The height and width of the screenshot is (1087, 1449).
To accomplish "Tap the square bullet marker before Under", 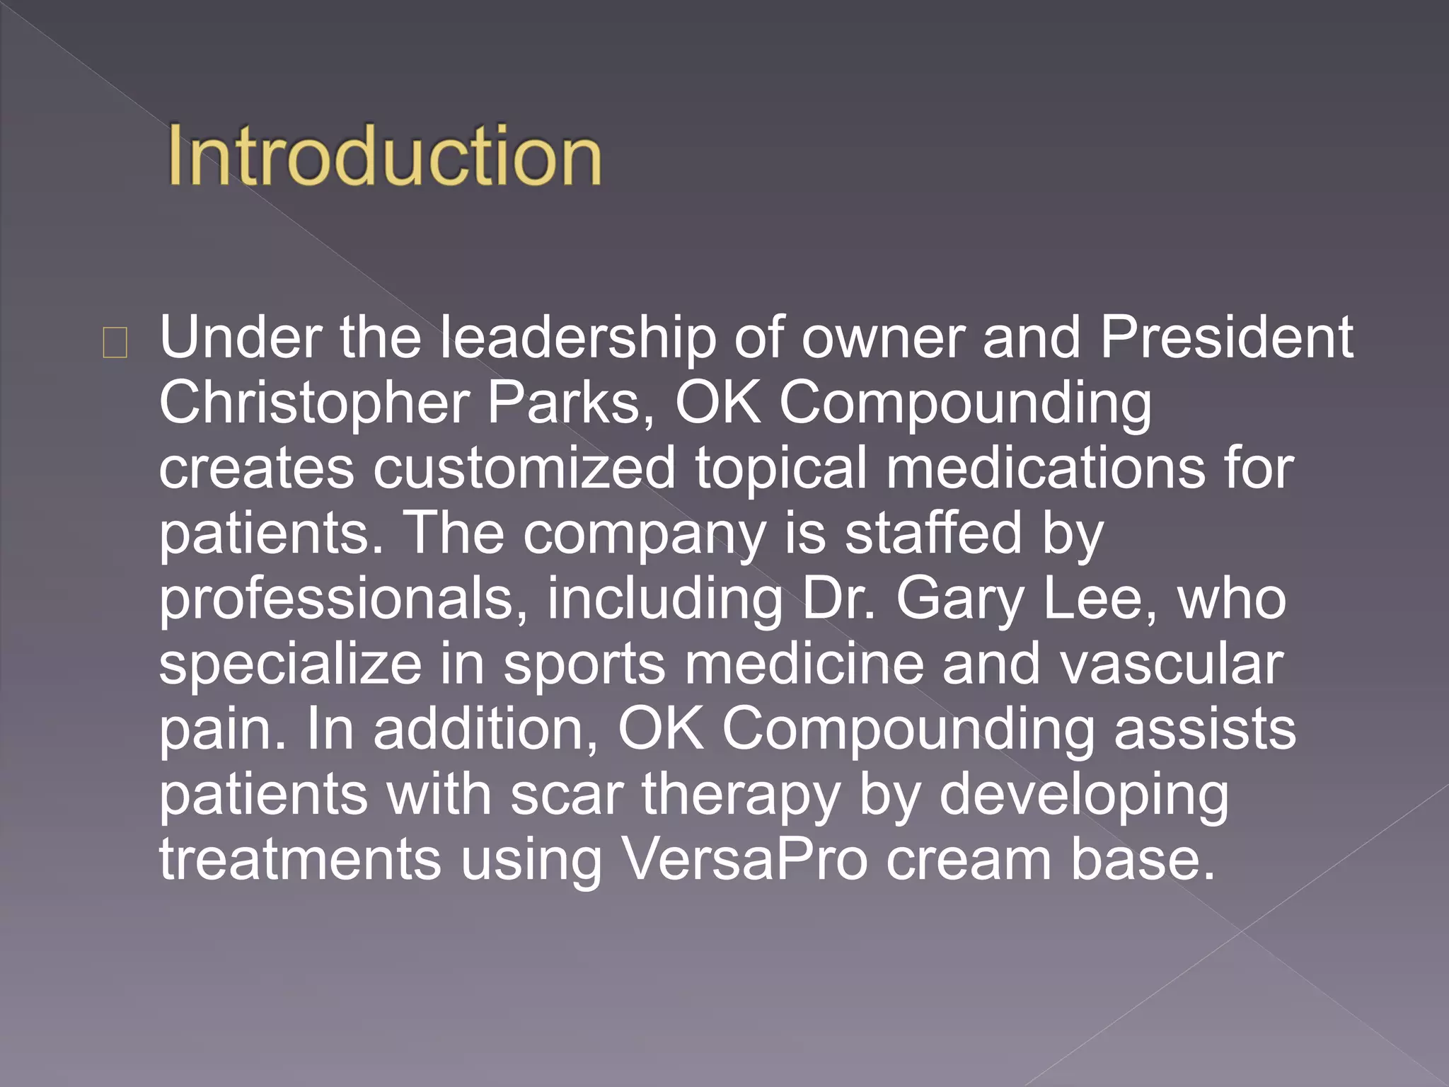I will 115,343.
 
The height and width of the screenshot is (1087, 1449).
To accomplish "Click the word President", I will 1226,338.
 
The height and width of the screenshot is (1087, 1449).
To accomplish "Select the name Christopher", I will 314,403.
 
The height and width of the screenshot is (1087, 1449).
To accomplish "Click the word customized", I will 524,468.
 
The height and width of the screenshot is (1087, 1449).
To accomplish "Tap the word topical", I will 781,468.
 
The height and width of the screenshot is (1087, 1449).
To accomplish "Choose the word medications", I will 1046,468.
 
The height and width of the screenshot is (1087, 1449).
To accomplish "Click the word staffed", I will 934,533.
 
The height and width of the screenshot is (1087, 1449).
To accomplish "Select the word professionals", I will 343,599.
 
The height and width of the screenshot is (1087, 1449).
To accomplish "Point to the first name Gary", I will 960,599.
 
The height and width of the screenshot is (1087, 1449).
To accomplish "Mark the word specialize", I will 290,664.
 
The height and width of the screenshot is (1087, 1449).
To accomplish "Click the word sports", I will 584,664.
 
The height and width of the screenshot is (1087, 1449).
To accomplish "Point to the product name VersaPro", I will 744,860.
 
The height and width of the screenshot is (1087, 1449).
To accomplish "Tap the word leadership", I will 578,338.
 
